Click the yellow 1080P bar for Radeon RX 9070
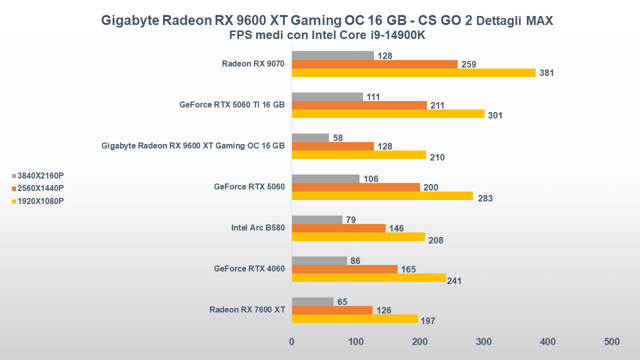tap(413, 72)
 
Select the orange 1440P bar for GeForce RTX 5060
tap(355, 187)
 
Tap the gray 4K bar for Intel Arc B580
tap(317, 219)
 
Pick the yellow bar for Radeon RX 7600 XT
tap(354, 318)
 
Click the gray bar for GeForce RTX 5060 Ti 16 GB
tap(327, 96)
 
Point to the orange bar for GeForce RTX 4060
tap(344, 269)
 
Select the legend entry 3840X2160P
tap(40, 175)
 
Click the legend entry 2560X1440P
tap(40, 188)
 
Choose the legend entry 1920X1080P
tap(40, 201)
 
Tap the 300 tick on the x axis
tap(483, 342)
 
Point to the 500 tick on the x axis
tap(611, 342)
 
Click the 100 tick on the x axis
tap(355, 342)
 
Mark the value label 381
tap(546, 73)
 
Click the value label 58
tap(337, 137)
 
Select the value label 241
tap(454, 281)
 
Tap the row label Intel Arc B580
tap(257, 228)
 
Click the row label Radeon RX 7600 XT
tap(247, 310)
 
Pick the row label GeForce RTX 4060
tap(249, 269)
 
